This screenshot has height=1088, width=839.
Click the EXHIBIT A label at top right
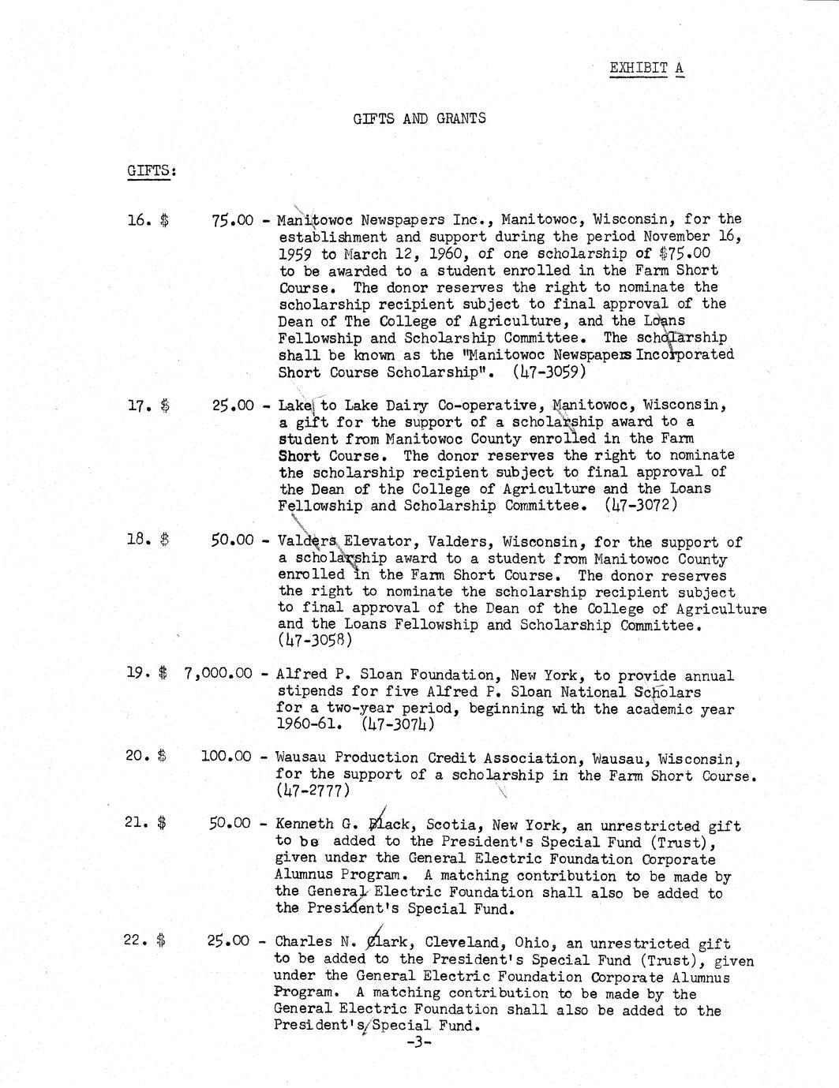click(646, 68)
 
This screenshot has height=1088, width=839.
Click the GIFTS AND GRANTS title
click(419, 119)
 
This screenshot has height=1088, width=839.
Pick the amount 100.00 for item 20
click(227, 756)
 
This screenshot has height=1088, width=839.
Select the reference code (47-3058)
click(314, 641)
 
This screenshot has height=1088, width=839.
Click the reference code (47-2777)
click(312, 790)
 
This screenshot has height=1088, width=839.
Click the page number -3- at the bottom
click(417, 1042)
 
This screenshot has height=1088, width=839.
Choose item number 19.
click(136, 674)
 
